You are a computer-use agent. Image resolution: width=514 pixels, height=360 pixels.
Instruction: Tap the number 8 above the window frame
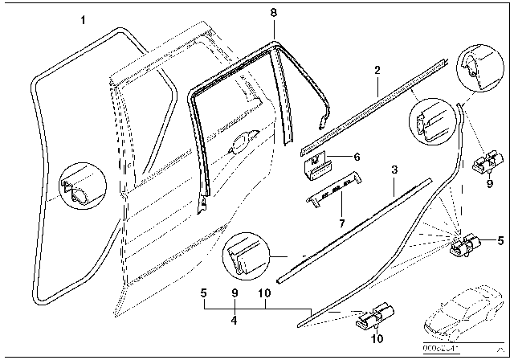point(273,12)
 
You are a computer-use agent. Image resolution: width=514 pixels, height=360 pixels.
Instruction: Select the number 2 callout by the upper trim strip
point(376,72)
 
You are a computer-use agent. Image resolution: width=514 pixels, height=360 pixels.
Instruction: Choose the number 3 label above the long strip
point(394,170)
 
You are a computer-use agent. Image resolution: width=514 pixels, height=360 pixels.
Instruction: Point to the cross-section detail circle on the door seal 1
point(80,190)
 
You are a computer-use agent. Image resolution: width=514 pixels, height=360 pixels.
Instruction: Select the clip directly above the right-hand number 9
point(485,164)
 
